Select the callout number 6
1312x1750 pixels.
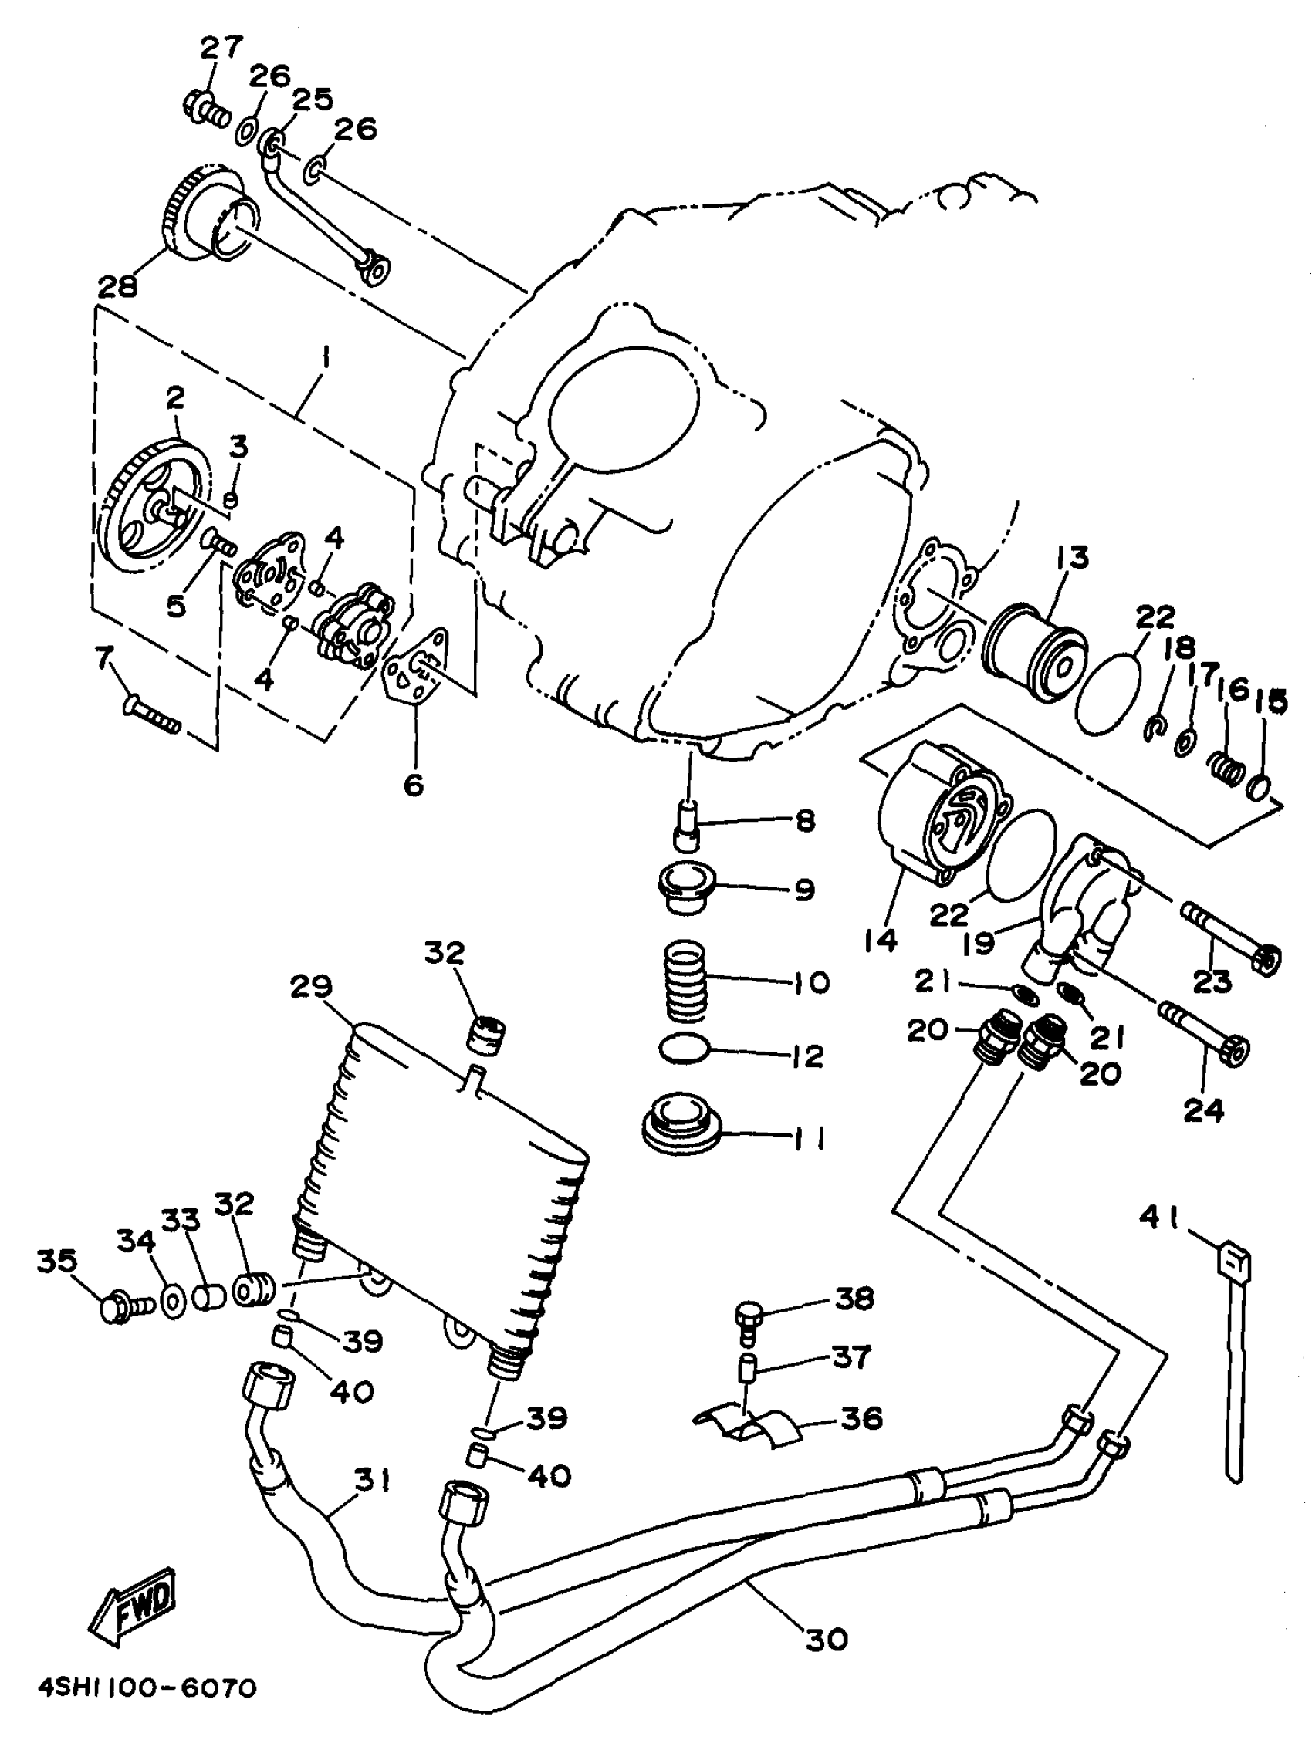(413, 785)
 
